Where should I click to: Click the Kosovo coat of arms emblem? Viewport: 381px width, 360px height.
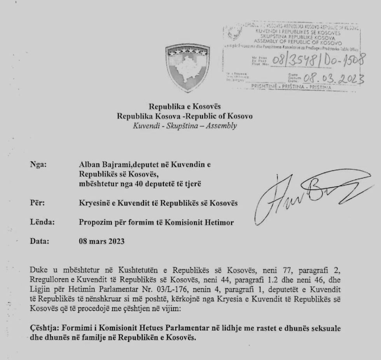[x=187, y=68]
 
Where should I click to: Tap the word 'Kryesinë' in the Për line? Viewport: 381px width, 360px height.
[x=93, y=203]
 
